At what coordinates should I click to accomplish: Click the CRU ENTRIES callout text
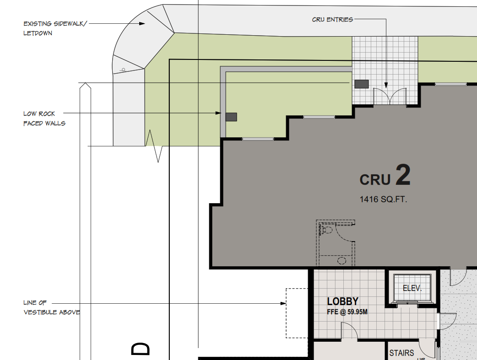click(x=332, y=20)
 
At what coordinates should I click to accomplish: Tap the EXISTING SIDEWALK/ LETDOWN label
click(x=55, y=28)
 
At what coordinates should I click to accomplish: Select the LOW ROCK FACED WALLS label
click(x=44, y=118)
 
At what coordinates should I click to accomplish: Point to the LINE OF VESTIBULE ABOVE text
click(x=52, y=307)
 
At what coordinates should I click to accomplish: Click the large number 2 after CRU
click(x=403, y=175)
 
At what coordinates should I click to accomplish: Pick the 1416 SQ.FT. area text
click(x=383, y=199)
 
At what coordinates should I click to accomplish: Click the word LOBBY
click(x=343, y=301)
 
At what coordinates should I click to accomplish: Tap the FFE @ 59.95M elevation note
click(x=347, y=312)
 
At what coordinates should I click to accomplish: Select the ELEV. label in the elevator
click(x=412, y=288)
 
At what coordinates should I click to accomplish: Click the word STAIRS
click(x=401, y=353)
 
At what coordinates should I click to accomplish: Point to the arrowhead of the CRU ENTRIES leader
click(x=386, y=85)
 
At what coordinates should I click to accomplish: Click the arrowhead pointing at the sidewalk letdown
click(x=142, y=23)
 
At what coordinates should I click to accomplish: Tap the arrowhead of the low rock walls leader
click(x=218, y=113)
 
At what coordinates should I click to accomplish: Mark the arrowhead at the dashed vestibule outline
click(x=283, y=303)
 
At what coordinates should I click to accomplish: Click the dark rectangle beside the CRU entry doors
click(x=361, y=84)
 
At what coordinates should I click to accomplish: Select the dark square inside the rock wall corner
click(x=231, y=117)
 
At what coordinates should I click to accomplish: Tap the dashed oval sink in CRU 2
click(x=342, y=261)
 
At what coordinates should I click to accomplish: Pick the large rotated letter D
click(x=141, y=349)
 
